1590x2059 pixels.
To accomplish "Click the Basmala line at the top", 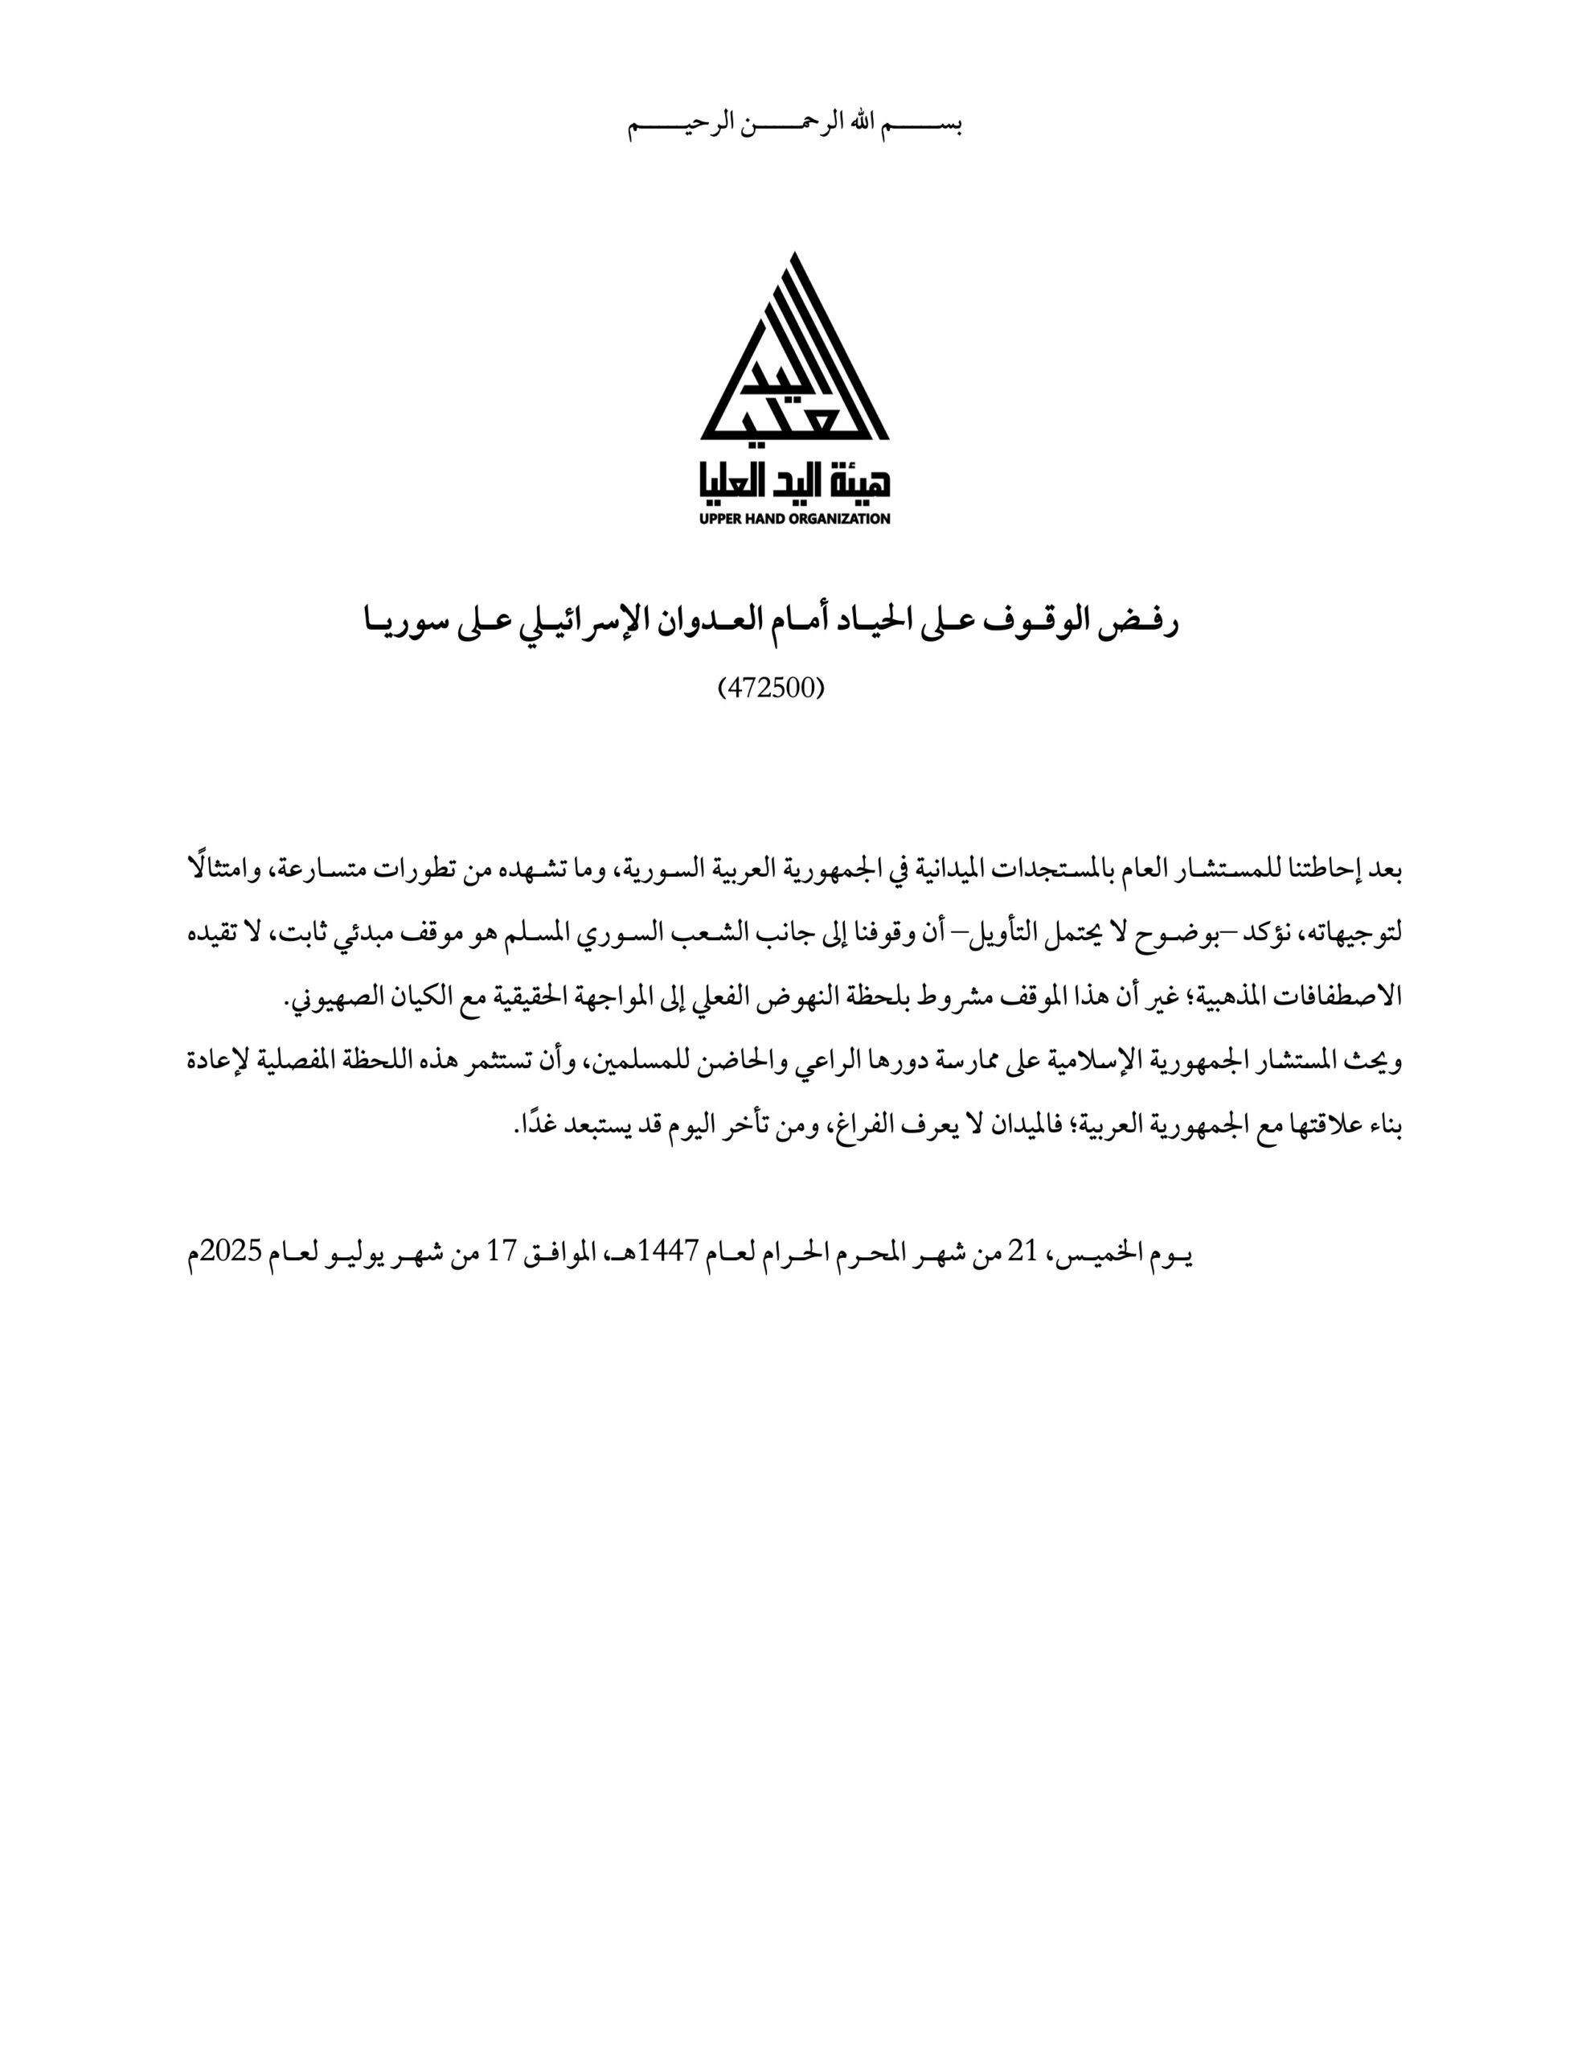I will click(794, 125).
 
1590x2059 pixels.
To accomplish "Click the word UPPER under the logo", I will click(721, 519).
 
